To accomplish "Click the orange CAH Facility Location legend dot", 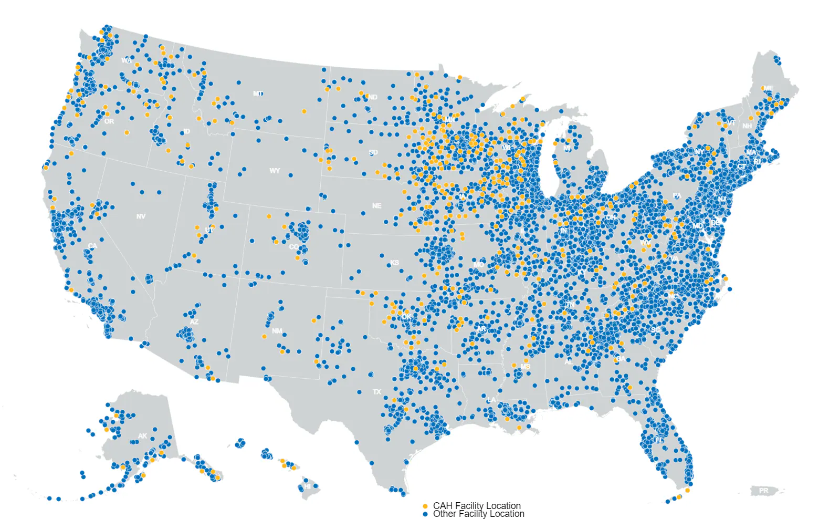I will pos(425,506).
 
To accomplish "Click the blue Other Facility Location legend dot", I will pos(425,514).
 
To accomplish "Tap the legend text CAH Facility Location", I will pos(477,506).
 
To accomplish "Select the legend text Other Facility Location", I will pos(478,514).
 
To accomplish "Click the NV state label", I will pos(141,216).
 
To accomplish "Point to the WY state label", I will pos(275,171).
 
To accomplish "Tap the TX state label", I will pos(377,392).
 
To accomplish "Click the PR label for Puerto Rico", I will pos(763,491).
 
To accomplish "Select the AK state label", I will pos(143,437).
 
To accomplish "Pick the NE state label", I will pos(376,206).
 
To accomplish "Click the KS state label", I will pos(394,263).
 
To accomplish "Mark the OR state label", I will pos(109,121).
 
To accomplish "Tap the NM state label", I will pos(277,331).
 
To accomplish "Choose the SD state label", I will pos(373,152).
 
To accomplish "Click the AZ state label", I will pos(194,322).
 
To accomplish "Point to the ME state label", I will pos(769,88).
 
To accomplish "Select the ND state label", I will pos(373,97).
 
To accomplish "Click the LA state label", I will pos(491,400).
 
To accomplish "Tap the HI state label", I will pos(308,486).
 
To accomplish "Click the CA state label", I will pos(93,246).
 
